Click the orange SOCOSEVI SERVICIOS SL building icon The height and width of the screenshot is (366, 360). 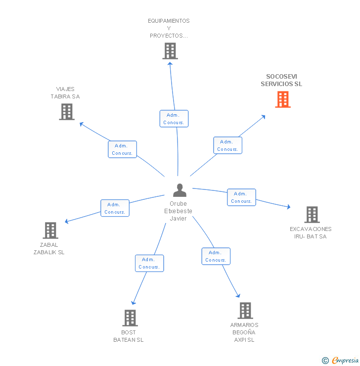[283, 99]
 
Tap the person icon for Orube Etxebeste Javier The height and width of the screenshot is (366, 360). [180, 190]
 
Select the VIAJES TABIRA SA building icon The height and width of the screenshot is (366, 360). [66, 112]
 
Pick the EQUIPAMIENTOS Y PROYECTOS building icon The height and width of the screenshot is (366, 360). [170, 51]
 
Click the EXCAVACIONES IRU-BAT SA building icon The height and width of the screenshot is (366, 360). [312, 215]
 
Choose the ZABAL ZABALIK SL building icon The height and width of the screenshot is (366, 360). [50, 230]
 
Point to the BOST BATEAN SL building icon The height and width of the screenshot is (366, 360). [130, 318]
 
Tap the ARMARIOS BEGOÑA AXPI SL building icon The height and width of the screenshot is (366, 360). [245, 311]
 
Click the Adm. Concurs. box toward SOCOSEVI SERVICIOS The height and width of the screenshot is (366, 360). [228, 145]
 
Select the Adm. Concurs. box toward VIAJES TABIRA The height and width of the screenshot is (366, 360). [122, 149]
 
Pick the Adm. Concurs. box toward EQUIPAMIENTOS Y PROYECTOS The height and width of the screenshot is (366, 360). [174, 119]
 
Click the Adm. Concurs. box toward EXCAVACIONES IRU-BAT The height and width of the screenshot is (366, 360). [241, 197]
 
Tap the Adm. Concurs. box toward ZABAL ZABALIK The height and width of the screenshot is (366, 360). [115, 208]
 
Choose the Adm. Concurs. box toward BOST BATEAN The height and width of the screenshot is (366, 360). [149, 263]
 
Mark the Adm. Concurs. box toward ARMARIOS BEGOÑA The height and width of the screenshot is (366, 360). [216, 256]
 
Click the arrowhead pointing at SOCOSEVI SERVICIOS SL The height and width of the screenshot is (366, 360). [264, 117]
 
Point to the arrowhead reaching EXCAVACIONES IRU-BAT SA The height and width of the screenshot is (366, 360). [289, 207]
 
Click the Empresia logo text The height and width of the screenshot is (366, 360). [345, 361]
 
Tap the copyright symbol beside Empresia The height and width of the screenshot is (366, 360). [325, 361]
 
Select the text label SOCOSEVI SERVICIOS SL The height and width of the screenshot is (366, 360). [281, 80]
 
